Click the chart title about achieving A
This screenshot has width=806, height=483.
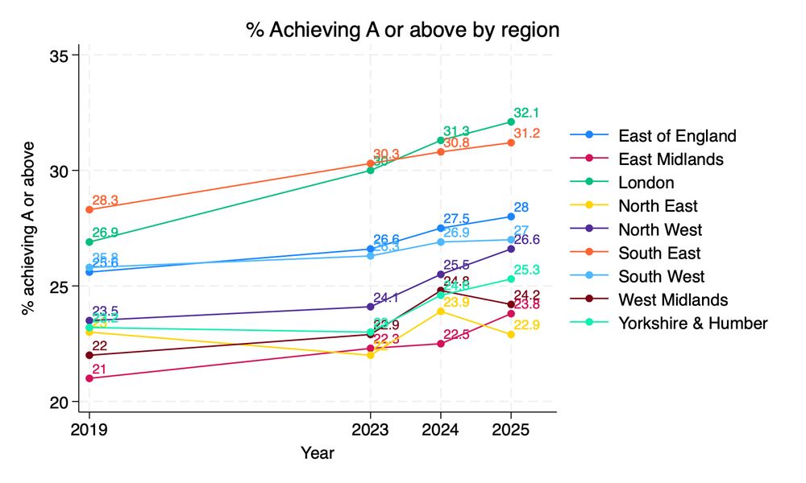[402, 31]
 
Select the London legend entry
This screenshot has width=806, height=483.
[646, 182]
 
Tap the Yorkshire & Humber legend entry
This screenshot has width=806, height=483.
[692, 323]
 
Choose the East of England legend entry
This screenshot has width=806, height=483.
[677, 135]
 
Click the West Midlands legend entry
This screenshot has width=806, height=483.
[673, 299]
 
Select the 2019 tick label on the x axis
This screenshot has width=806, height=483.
[89, 430]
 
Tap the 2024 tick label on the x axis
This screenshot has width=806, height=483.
[440, 430]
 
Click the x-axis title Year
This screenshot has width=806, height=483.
[318, 453]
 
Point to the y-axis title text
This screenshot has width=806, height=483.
[29, 228]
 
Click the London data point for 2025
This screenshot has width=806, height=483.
[510, 122]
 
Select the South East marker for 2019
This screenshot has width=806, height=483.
[89, 209]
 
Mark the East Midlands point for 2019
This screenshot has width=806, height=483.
[89, 378]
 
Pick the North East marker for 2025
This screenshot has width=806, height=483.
[510, 334]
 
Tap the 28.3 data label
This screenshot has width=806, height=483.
[106, 200]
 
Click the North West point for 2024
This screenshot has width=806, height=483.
[440, 275]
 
